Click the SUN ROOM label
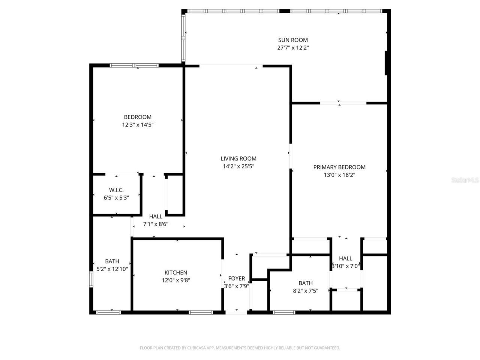coord(293,40)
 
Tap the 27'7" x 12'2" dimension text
coord(293,48)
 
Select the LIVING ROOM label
coord(238,159)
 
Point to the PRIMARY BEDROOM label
coord(339,167)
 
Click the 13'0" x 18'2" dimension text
coord(339,175)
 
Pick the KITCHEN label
coord(176,273)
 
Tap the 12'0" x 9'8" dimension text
coord(176,280)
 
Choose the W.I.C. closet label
coord(116,190)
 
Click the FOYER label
coord(237,278)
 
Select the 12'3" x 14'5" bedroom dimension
coord(138,125)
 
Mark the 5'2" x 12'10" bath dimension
coord(112,269)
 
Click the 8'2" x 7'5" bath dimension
coord(306,291)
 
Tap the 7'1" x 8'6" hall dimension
coord(156,224)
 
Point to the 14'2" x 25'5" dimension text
coord(238,166)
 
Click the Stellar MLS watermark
coord(465,180)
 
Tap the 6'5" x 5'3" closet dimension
coord(116,198)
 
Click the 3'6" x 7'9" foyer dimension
coord(237,286)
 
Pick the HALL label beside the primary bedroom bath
coord(345,258)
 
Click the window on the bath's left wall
coord(91,280)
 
